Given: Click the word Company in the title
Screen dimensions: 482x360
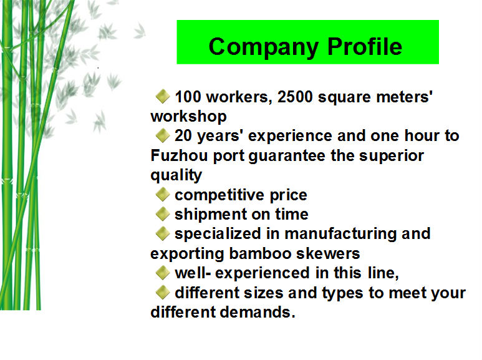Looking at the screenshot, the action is point(263,47).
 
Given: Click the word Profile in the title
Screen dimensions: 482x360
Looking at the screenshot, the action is point(365,46).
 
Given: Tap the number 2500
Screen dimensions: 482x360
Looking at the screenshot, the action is point(295,97).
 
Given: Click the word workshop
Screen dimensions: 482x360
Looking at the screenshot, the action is point(188,116).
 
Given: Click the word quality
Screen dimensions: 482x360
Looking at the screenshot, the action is point(176,175).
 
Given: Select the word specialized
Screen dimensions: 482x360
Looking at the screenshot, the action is point(218,234).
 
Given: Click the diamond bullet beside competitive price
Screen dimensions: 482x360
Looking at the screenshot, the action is point(163,195).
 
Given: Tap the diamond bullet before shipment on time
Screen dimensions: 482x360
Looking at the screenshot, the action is point(163,214).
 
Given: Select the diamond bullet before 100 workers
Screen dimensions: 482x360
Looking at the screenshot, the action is point(163,96).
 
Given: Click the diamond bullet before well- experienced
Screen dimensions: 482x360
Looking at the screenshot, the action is point(163,273).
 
